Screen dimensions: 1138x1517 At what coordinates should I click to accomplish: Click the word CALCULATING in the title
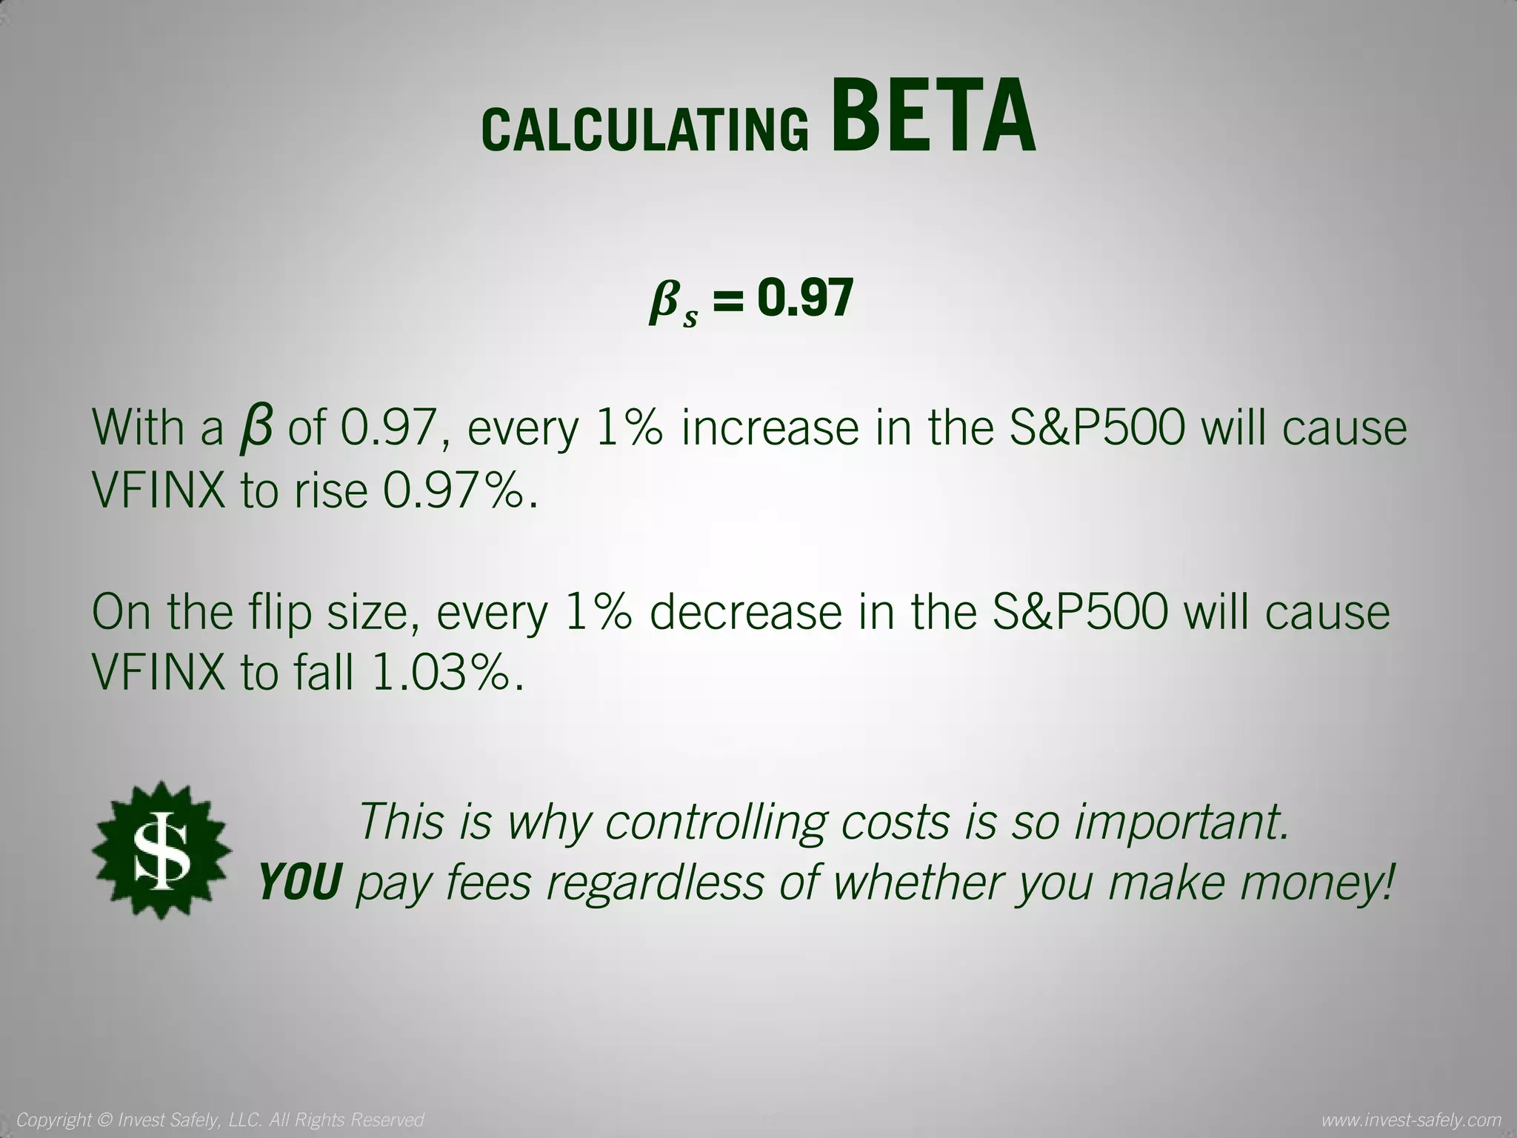click(x=644, y=129)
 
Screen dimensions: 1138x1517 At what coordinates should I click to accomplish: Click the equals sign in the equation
click(x=727, y=301)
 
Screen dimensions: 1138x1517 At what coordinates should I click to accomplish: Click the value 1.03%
click(x=443, y=673)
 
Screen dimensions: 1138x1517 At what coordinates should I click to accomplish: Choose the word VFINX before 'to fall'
click(x=158, y=673)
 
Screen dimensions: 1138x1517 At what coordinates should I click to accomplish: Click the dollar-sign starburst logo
click(x=161, y=850)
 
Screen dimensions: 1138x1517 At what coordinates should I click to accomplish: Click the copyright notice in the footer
click(x=220, y=1119)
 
